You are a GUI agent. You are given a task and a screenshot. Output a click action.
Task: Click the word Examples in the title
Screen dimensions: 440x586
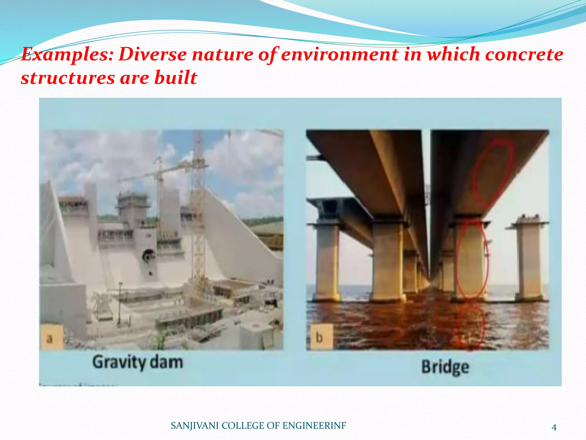pyautogui.click(x=68, y=54)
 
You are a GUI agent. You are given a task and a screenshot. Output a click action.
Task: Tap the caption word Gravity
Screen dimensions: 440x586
pyautogui.click(x=119, y=362)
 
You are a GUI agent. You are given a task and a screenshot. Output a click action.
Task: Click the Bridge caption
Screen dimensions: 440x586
pyautogui.click(x=445, y=367)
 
